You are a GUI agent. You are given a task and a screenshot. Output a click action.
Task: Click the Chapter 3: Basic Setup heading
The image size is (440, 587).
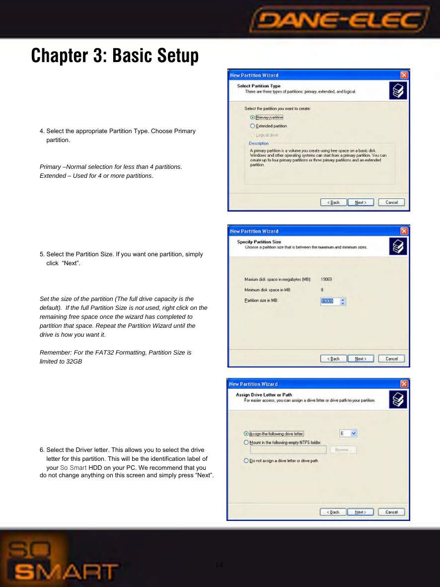coord(115,56)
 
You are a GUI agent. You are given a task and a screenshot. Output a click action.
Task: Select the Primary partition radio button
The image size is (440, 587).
coord(252,118)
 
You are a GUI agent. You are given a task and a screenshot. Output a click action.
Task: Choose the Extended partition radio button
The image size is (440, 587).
coord(252,126)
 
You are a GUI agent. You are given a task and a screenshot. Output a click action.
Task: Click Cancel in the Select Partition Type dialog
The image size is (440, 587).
coord(391,202)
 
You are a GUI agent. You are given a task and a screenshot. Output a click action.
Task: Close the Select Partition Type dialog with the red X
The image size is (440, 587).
coord(404,75)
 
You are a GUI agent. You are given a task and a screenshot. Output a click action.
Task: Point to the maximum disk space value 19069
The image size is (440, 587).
coord(326,280)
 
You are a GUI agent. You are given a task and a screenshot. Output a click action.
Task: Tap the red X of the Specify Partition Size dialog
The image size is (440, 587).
coord(404,231)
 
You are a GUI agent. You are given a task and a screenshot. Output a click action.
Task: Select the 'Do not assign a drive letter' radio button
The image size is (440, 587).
coord(246,461)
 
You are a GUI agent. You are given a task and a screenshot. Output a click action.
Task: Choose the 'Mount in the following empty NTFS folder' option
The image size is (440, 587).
coord(246,442)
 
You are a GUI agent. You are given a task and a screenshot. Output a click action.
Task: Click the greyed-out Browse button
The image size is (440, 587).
coord(343,450)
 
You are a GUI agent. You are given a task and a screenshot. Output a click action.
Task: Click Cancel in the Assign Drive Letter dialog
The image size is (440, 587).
coord(391,512)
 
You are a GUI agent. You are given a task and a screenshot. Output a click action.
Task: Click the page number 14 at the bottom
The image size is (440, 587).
coord(220,565)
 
